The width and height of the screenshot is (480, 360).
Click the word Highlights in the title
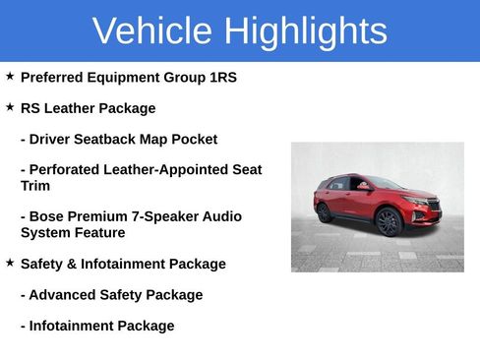305,31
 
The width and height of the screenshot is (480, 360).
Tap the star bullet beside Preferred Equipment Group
10,76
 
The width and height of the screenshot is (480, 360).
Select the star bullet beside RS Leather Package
10,107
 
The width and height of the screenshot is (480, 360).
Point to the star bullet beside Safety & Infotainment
10,263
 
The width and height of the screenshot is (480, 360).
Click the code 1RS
220,77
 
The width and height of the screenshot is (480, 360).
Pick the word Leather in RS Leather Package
73,108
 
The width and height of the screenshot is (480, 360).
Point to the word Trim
35,186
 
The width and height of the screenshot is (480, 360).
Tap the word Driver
52,140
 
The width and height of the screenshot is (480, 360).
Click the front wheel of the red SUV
389,221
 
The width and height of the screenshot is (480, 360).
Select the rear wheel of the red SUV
325,211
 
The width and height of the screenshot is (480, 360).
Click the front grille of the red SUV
433,206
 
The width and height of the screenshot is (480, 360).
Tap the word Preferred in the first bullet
54,77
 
